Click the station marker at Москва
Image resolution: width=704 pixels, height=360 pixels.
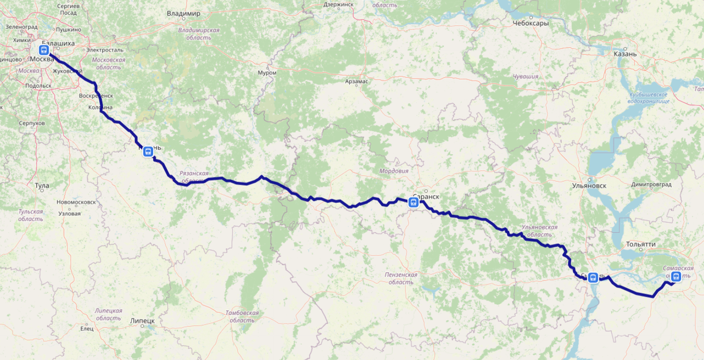[44, 50]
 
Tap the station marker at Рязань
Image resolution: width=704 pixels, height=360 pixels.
[148, 151]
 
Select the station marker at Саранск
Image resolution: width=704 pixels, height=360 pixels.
[413, 203]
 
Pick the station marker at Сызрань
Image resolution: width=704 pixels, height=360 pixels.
[593, 277]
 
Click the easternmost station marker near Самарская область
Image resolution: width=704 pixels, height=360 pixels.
[676, 277]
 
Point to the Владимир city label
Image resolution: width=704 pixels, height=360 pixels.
[183, 13]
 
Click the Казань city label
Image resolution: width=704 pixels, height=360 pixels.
[625, 54]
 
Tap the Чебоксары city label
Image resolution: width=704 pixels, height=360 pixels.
[530, 24]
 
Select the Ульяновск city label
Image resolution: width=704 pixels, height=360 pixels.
[588, 186]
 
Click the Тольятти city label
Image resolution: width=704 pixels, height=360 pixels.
[640, 244]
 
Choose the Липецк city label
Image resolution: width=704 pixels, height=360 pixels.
[142, 321]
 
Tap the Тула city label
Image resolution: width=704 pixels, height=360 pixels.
[42, 185]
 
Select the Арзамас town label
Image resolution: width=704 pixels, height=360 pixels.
[357, 81]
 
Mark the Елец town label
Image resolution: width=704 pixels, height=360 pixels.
[87, 328]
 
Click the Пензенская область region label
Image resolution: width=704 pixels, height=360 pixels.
[401, 278]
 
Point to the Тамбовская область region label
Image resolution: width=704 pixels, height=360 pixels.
[242, 317]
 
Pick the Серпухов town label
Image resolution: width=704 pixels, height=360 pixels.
[32, 124]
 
